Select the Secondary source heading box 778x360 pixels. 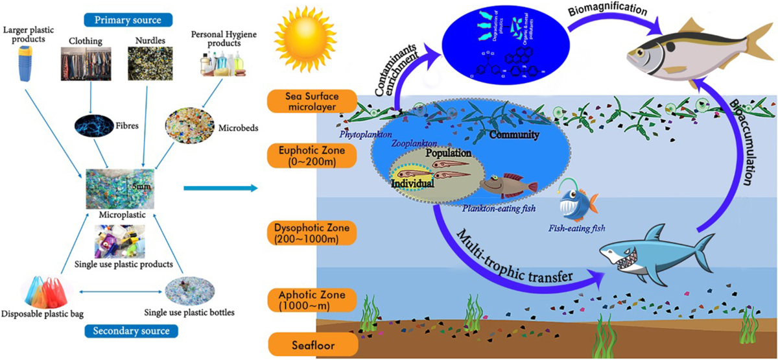point(127,331)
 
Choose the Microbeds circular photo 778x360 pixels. point(193,123)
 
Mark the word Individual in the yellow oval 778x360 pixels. point(412,184)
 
